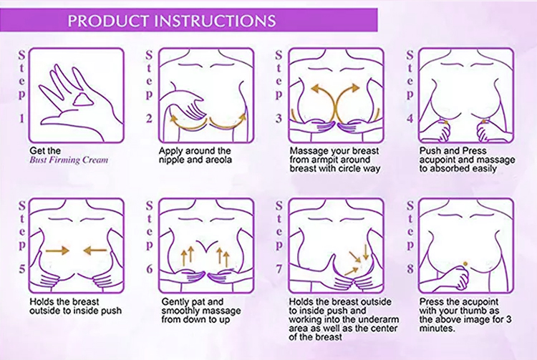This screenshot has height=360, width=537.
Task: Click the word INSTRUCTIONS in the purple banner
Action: pyautogui.click(x=215, y=21)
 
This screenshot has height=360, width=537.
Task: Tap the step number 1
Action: pyautogui.click(x=22, y=118)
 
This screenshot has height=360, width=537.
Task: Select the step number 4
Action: pyautogui.click(x=410, y=118)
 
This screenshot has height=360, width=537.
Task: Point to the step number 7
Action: pyautogui.click(x=279, y=269)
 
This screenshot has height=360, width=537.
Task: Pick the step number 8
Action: pyautogui.click(x=410, y=269)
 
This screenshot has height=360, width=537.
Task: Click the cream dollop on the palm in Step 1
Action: pyautogui.click(x=82, y=100)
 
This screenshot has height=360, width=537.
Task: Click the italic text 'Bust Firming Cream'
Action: pyautogui.click(x=69, y=160)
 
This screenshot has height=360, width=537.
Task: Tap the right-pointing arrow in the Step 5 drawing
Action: pyautogui.click(x=57, y=250)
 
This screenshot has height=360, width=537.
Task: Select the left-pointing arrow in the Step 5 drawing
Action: pyautogui.click(x=95, y=250)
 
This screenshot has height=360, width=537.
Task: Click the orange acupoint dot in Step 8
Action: pyautogui.click(x=465, y=263)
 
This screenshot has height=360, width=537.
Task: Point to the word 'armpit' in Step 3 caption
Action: pyautogui.click(x=328, y=160)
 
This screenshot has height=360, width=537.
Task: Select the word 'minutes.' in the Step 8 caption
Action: pyautogui.click(x=437, y=329)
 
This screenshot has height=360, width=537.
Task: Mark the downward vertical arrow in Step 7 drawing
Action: pyautogui.click(x=366, y=251)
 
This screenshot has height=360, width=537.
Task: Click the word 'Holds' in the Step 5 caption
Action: pyautogui.click(x=40, y=302)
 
